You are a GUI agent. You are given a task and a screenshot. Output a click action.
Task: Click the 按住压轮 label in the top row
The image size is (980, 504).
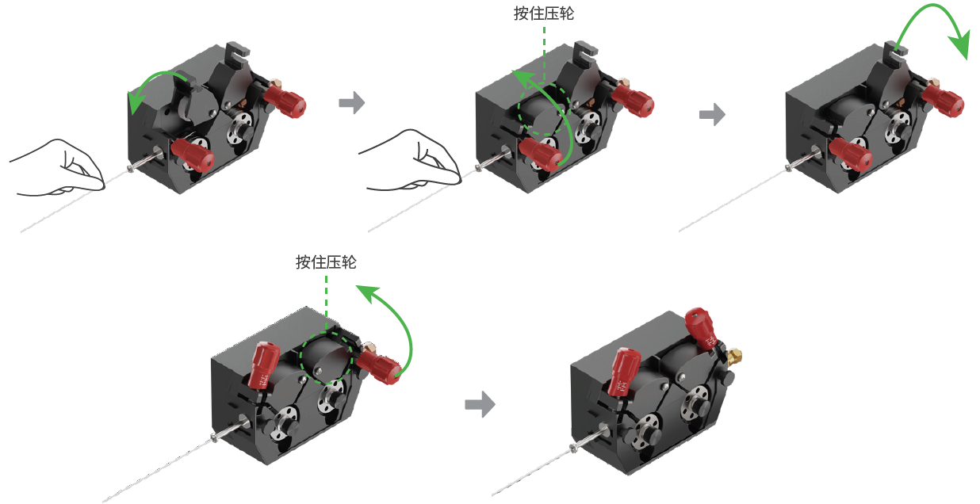coord(544,14)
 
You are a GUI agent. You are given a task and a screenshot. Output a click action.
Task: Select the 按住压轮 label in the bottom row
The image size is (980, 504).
coord(326,262)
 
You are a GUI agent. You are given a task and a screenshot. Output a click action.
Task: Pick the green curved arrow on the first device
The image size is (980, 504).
coord(155,83)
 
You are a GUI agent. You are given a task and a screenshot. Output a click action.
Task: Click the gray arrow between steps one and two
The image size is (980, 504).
coord(350,103)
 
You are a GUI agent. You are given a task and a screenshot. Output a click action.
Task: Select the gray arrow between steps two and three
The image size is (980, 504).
coord(712,114)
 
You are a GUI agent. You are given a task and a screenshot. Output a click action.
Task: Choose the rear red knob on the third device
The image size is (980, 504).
coord(944,101)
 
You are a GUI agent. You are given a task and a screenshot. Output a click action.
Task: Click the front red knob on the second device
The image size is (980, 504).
coord(541,154)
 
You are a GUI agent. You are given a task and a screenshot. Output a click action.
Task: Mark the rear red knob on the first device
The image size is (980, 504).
coord(285,99)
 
